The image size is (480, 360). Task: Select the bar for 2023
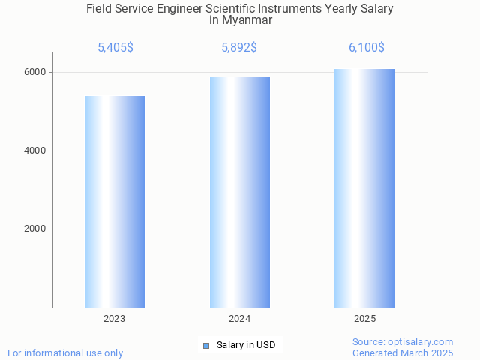click(x=115, y=202)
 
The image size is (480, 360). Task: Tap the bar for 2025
click(x=364, y=188)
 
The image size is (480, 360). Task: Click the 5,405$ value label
click(x=115, y=48)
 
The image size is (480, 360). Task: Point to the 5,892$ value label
click(x=239, y=48)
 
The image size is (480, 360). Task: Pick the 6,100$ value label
click(x=366, y=48)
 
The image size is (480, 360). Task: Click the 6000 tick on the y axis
click(x=34, y=73)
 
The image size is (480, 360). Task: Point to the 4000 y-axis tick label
click(x=34, y=151)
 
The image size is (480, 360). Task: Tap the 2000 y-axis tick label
click(x=34, y=229)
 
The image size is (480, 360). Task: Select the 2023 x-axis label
click(x=115, y=319)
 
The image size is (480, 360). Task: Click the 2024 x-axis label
click(x=240, y=319)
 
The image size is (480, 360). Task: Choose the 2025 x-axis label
click(x=365, y=319)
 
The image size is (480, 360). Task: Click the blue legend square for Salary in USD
click(x=206, y=346)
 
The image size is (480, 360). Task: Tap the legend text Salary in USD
click(x=246, y=346)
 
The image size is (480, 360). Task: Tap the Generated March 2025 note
click(x=403, y=352)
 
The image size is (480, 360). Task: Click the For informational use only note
click(x=65, y=352)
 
